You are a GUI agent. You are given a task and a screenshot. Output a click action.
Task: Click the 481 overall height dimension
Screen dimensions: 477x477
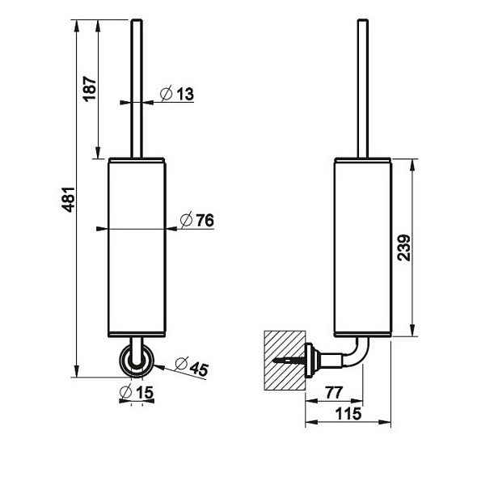point(70,199)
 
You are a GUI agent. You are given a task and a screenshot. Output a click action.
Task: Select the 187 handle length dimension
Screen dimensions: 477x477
point(90,88)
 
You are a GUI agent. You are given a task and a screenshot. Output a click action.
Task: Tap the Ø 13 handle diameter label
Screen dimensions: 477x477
point(177,93)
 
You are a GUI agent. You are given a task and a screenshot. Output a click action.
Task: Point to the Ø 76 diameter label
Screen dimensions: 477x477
point(197,220)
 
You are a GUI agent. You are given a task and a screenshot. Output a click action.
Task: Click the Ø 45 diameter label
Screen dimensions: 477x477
point(192,366)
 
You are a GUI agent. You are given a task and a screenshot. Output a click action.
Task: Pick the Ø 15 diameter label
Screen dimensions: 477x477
point(137,392)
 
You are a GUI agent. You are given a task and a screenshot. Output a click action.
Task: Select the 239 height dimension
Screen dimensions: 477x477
point(404,247)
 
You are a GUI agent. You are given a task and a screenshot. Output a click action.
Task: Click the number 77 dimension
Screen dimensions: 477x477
point(334,392)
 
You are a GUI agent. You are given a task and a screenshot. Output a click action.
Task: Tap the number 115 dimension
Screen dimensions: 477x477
point(348,413)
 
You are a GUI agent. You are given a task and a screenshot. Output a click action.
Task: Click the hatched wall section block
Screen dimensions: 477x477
point(284,361)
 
